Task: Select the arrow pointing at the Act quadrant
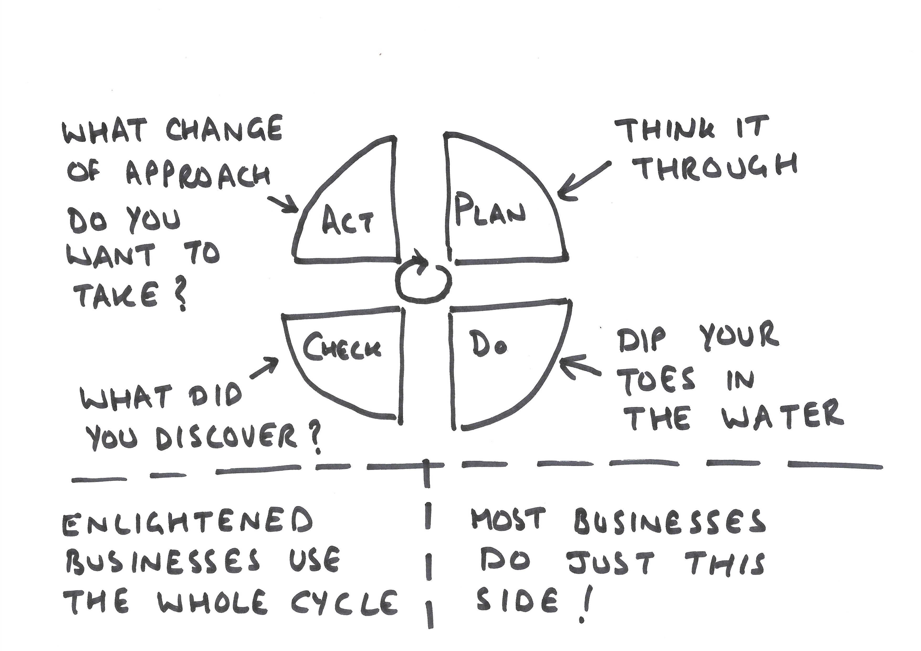pos(284,204)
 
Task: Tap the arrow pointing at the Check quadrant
pos(264,368)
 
